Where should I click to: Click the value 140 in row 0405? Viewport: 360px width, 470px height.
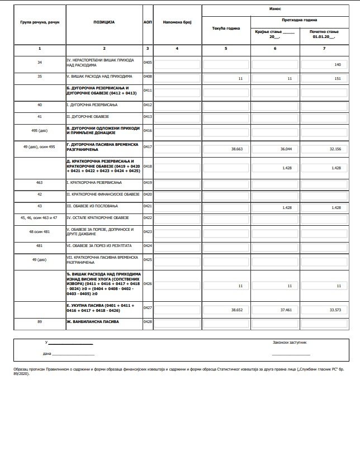click(x=337, y=65)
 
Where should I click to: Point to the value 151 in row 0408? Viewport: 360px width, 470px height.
click(x=337, y=78)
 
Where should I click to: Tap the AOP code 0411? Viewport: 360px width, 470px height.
click(x=148, y=90)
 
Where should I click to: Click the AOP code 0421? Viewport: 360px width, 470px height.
click(x=148, y=206)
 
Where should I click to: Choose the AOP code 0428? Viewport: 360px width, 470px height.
click(x=148, y=322)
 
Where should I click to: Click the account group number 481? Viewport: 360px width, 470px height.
click(x=40, y=245)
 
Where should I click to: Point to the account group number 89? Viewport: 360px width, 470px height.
click(x=40, y=322)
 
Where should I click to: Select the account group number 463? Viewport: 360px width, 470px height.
click(x=40, y=182)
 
